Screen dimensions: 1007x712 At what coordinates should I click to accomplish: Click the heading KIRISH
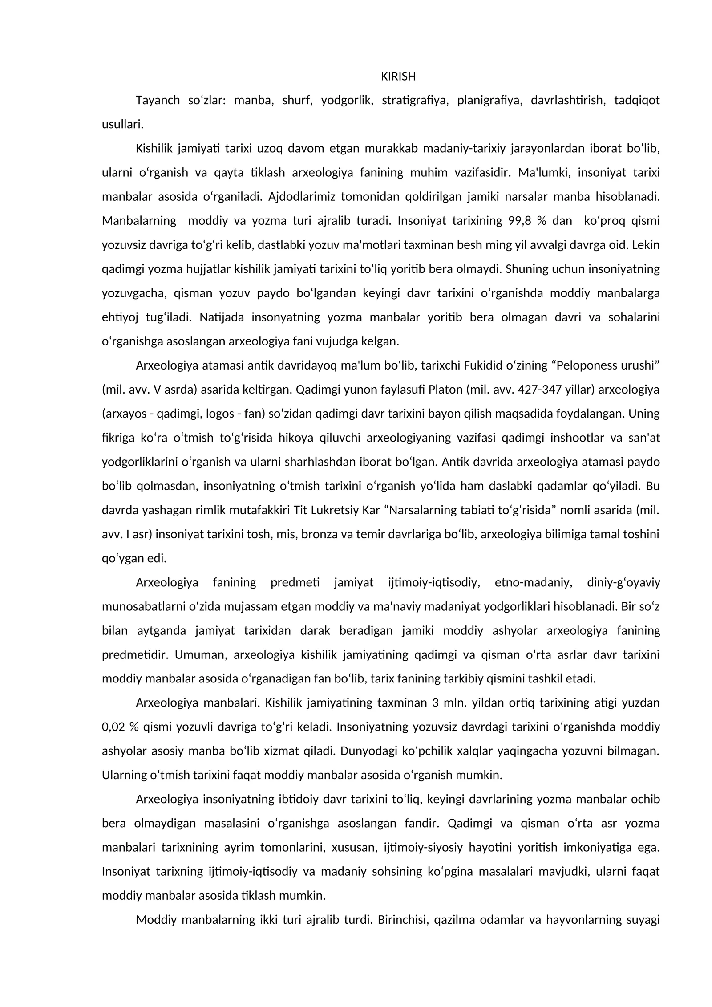click(x=398, y=77)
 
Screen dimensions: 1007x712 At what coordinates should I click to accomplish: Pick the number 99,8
click(x=521, y=221)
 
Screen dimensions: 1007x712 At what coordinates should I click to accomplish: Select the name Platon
click(x=445, y=390)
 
